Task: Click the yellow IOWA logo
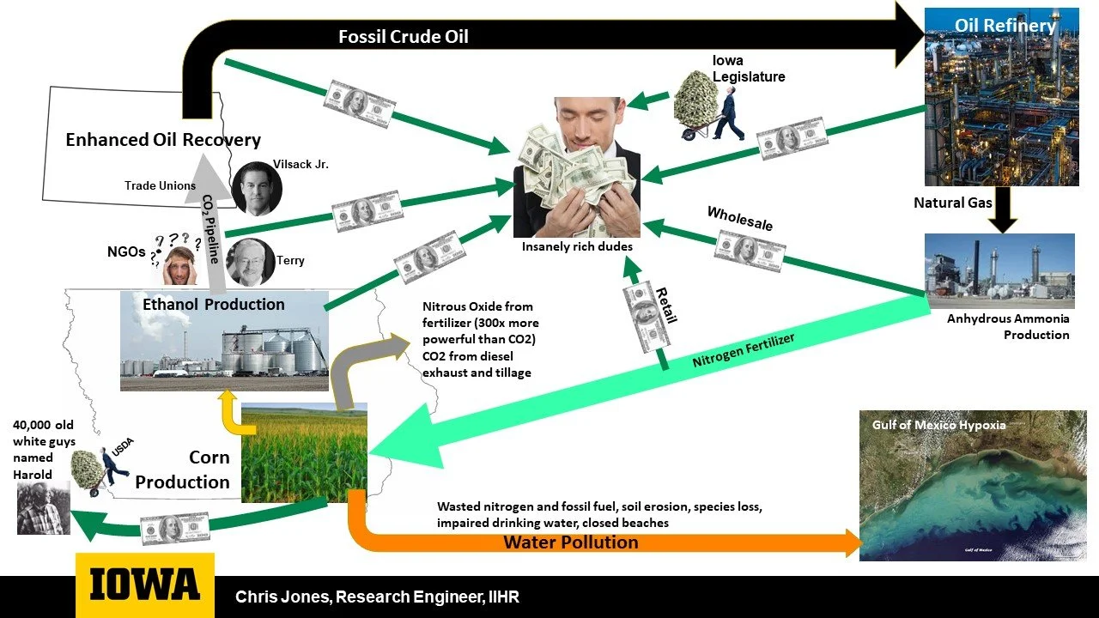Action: click(x=144, y=585)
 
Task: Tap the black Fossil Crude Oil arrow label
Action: click(x=403, y=37)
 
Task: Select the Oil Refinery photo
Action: click(x=1001, y=98)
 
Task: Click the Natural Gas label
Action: click(x=952, y=203)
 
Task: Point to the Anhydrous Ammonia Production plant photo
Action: click(x=999, y=270)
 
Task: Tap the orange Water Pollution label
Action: click(x=570, y=542)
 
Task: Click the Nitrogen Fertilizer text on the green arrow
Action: click(x=744, y=350)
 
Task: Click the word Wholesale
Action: click(x=739, y=218)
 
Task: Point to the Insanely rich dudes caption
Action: click(x=576, y=247)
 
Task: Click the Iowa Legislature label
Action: click(x=749, y=69)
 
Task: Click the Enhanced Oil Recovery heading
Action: click(x=163, y=140)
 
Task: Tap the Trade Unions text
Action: click(x=160, y=185)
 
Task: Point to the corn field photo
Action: click(x=304, y=452)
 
